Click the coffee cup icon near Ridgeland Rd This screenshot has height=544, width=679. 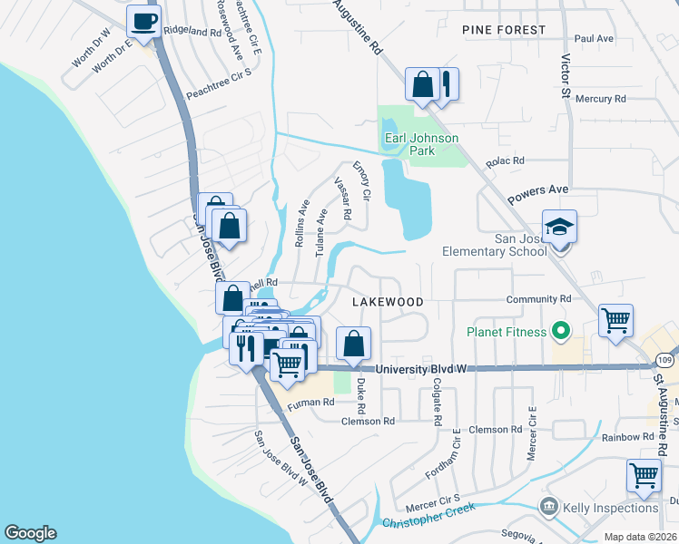[x=143, y=20]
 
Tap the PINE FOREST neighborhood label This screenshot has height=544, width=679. [x=504, y=30]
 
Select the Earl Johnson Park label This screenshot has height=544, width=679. [x=421, y=144]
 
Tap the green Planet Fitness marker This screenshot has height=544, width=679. [x=560, y=332]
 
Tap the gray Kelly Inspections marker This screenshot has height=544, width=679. [x=548, y=506]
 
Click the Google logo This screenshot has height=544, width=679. [x=30, y=533]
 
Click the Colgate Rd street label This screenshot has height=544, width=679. [x=437, y=403]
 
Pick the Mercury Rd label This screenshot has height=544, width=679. [x=601, y=98]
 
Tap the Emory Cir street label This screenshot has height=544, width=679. [x=362, y=181]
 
